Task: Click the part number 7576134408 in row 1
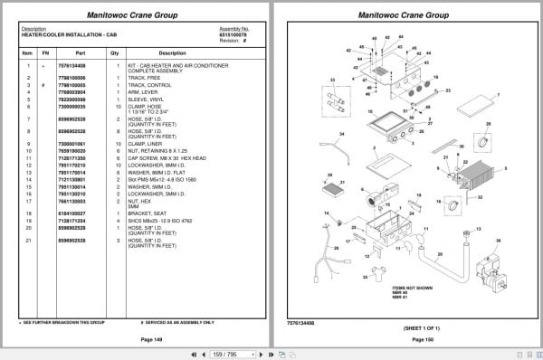point(71,66)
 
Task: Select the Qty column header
point(114,52)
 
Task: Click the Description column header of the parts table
point(171,52)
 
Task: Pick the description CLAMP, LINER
point(149,144)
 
